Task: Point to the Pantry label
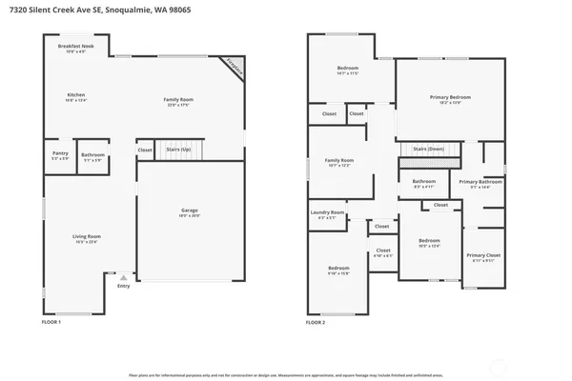coord(59,155)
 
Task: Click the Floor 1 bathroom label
coord(92,156)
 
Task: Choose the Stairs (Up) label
coord(178,150)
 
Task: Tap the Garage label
coord(189,213)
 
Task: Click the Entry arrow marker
coord(123,277)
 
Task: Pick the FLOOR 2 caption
coord(316,323)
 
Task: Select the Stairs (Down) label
coord(428,149)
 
